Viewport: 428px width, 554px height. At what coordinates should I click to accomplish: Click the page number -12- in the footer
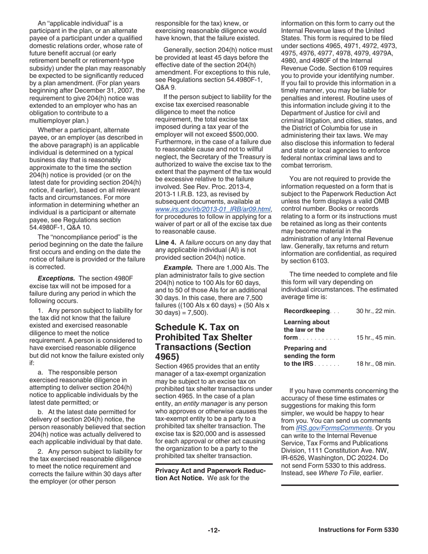[214, 530]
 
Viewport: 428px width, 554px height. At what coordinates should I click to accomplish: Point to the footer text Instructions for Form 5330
[358, 530]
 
